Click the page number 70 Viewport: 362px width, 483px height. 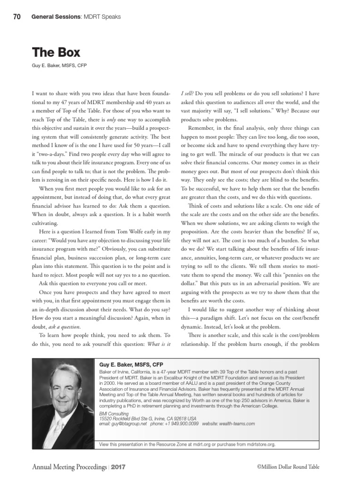(16, 17)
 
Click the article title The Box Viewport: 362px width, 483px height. (56, 52)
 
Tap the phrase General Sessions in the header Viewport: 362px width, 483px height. (51, 17)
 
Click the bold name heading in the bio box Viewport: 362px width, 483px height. (131, 364)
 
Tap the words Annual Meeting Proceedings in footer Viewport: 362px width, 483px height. (69, 466)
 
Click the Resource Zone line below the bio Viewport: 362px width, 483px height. (187, 444)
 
